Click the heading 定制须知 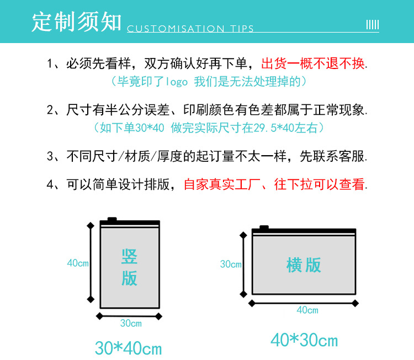[76, 22]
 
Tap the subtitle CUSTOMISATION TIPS [190, 29]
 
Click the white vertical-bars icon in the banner [373, 25]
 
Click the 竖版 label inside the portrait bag [129, 267]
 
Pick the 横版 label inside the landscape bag [304, 265]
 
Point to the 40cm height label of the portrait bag [78, 263]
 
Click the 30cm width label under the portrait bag [131, 323]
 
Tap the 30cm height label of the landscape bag [231, 264]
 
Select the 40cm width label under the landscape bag [307, 310]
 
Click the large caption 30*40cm [128, 348]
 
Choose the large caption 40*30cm [304, 340]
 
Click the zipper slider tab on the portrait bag [112, 220]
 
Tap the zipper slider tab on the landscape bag [264, 227]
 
